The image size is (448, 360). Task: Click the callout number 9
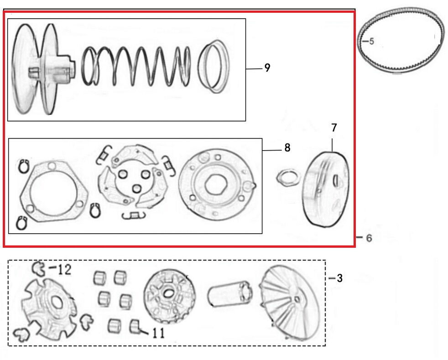tap(267, 68)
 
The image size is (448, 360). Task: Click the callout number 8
tap(287, 148)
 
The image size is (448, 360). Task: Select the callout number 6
tap(369, 238)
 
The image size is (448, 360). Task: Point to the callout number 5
tap(371, 42)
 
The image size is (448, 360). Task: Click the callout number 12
tap(64, 270)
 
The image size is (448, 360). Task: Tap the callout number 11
tap(158, 334)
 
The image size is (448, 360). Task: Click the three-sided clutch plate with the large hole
tap(52, 189)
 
